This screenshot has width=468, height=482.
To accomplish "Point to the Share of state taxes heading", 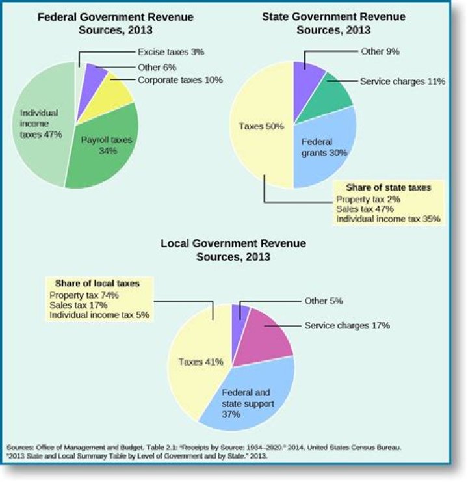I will pyautogui.click(x=388, y=187).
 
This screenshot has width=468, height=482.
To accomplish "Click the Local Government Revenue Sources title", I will pyautogui.click(x=233, y=250).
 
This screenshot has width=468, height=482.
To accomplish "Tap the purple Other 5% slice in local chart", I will pyautogui.click(x=239, y=312).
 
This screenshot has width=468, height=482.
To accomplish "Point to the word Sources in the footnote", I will pyautogui.click(x=23, y=448).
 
